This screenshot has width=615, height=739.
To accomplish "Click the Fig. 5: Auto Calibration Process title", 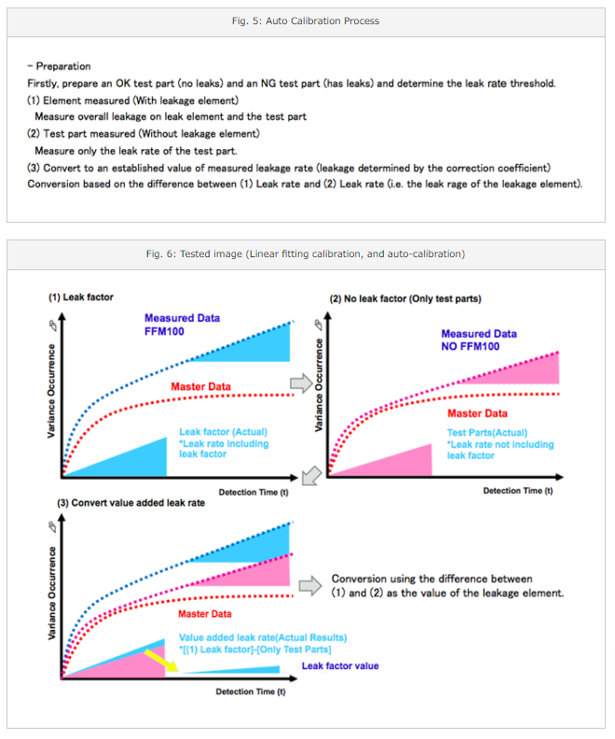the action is (306, 21).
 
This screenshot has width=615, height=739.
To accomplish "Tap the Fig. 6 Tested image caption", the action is (306, 254).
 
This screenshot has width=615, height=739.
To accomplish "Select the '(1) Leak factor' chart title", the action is (80, 297).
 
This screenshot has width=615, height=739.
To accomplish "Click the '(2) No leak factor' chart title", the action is (405, 299).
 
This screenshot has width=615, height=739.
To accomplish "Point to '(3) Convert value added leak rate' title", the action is (131, 503).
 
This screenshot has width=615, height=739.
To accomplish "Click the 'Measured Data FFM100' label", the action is (182, 324).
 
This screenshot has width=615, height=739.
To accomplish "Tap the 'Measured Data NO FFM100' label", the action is (479, 340).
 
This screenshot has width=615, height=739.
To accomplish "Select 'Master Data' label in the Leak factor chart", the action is (200, 387).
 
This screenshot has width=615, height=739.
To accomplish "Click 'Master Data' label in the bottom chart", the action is (205, 614).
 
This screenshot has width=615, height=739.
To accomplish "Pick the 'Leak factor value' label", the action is (340, 666).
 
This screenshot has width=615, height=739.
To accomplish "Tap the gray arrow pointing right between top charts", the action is (301, 383).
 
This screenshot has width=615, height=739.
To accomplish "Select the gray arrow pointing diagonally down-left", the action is (311, 475).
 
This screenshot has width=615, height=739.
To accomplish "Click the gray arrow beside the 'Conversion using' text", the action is (310, 586).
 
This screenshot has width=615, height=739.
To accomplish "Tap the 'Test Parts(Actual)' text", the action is (487, 432).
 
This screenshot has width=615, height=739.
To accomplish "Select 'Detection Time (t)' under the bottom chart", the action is (251, 691).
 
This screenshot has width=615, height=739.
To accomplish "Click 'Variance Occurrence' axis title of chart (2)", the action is (319, 385).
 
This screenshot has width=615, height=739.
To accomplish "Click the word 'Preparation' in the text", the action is (63, 66).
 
